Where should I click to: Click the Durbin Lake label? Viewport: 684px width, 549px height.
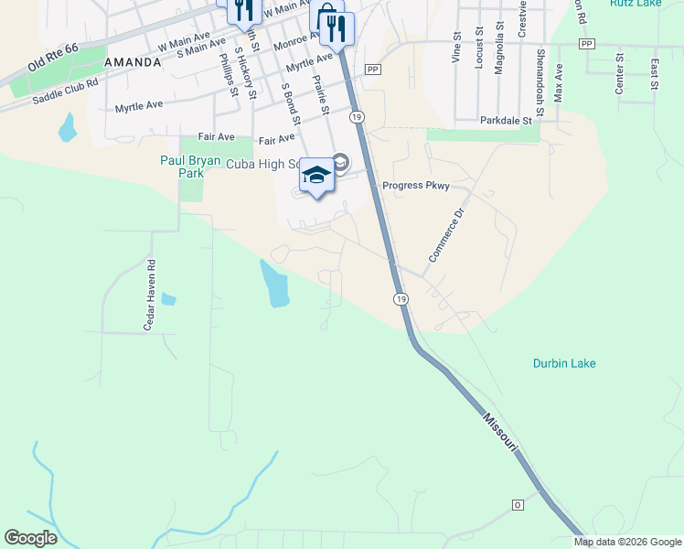(564, 363)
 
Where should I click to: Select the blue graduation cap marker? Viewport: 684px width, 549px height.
(316, 175)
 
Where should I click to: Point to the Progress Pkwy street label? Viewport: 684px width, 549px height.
(416, 186)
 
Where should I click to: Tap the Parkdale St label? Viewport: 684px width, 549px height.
(506, 120)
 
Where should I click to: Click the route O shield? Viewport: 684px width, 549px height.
(517, 504)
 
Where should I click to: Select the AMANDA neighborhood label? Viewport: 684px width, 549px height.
(133, 62)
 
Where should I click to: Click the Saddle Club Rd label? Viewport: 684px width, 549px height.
(65, 93)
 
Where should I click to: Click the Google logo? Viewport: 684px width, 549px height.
(31, 538)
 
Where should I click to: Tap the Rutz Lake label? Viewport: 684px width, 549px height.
(636, 3)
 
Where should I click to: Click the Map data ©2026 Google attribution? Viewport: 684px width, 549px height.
(627, 542)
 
